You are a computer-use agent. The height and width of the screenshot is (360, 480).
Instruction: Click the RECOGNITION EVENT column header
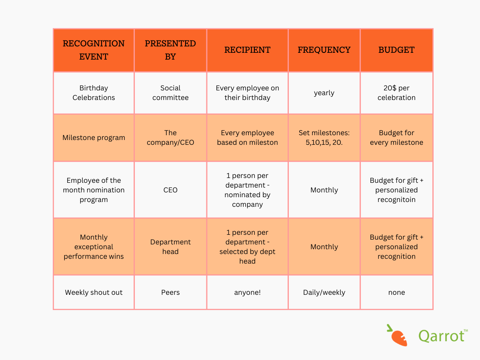pyautogui.click(x=94, y=50)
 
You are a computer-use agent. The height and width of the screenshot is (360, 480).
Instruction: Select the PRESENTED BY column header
pyautogui.click(x=170, y=50)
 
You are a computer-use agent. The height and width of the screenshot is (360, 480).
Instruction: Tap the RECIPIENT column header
pyautogui.click(x=247, y=50)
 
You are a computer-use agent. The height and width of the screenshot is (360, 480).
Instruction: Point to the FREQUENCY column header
pyautogui.click(x=324, y=50)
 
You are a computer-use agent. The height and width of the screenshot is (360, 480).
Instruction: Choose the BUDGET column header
pyautogui.click(x=396, y=50)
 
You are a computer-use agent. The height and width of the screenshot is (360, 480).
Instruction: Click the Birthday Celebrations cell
pyautogui.click(x=94, y=93)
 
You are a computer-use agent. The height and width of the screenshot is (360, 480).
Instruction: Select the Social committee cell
pyautogui.click(x=170, y=93)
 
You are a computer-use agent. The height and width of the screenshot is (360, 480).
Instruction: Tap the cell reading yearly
pyautogui.click(x=324, y=93)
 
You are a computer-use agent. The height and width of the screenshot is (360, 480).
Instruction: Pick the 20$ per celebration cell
pyautogui.click(x=396, y=93)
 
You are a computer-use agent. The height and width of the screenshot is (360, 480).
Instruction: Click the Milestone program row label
pyautogui.click(x=94, y=138)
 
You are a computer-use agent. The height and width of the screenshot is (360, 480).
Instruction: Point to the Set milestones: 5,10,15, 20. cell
pyautogui.click(x=324, y=138)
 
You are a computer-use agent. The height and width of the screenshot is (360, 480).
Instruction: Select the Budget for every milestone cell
pyautogui.click(x=396, y=138)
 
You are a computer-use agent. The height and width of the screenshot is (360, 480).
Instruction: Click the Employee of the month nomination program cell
pyautogui.click(x=94, y=190)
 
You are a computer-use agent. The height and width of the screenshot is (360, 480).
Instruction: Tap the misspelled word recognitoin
pyautogui.click(x=396, y=200)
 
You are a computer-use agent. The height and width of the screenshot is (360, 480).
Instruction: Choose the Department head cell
pyautogui.click(x=170, y=247)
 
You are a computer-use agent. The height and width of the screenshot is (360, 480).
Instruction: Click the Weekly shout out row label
pyautogui.click(x=94, y=292)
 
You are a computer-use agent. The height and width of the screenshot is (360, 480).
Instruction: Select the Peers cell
pyautogui.click(x=170, y=292)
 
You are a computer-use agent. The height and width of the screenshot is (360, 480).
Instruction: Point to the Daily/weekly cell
pyautogui.click(x=324, y=292)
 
